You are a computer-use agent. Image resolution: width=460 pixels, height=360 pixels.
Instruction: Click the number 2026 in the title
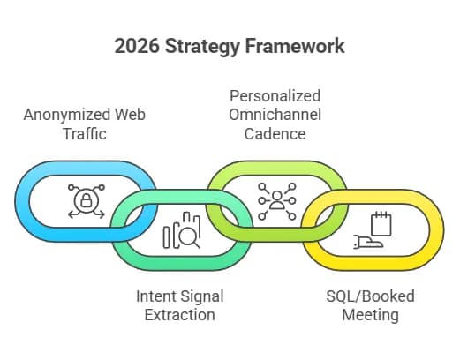click(x=137, y=46)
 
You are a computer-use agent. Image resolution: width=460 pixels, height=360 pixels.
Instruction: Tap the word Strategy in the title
click(x=202, y=47)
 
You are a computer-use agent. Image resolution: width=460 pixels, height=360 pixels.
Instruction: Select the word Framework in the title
click(x=295, y=46)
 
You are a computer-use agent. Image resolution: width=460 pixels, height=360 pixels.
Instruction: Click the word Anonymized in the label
click(x=67, y=115)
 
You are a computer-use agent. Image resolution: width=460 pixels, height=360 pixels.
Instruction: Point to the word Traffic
click(x=85, y=134)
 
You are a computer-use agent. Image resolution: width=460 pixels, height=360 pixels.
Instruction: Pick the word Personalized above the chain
click(x=275, y=96)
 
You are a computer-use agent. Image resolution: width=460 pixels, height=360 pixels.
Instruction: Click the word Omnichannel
click(x=275, y=115)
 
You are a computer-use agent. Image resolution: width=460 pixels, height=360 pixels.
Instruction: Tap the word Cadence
click(x=275, y=134)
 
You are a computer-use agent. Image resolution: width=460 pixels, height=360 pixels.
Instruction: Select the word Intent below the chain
click(x=156, y=296)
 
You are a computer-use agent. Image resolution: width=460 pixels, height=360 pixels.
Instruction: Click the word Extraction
click(x=179, y=315)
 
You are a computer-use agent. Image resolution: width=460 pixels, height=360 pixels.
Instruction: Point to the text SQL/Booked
click(x=370, y=296)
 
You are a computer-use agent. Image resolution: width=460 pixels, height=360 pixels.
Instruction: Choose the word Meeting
click(x=370, y=316)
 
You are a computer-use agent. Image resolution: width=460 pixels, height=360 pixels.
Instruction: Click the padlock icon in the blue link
click(x=86, y=201)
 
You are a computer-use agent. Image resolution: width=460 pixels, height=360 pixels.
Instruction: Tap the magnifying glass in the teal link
click(x=189, y=237)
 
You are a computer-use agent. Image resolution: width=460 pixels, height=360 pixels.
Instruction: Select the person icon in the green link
click(x=277, y=200)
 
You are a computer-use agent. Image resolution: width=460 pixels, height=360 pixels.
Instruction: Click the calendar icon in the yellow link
click(x=381, y=223)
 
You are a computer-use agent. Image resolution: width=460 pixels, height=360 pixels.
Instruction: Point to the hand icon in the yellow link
click(x=368, y=242)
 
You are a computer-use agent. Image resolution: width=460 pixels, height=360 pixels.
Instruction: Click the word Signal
click(x=202, y=297)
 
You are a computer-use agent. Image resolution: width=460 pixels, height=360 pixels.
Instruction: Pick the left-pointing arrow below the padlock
click(x=74, y=214)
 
